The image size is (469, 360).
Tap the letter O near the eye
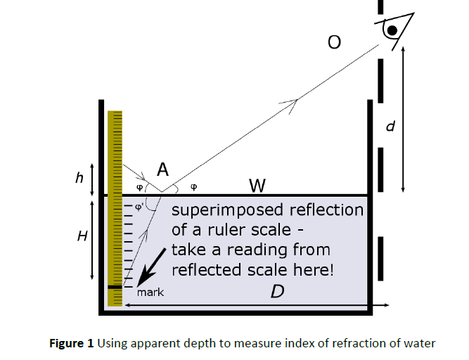pos(334,44)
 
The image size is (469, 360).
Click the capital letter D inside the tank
pos(277,291)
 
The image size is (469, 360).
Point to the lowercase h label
pos(79,178)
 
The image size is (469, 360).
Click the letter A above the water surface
pos(162,169)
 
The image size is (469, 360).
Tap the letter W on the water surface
pos(257,186)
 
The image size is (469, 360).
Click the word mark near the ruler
pos(150,292)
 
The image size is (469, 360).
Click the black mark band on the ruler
pos(115,287)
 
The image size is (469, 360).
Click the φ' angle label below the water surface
pos(139,207)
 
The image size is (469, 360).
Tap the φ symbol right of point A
pos(194,188)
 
